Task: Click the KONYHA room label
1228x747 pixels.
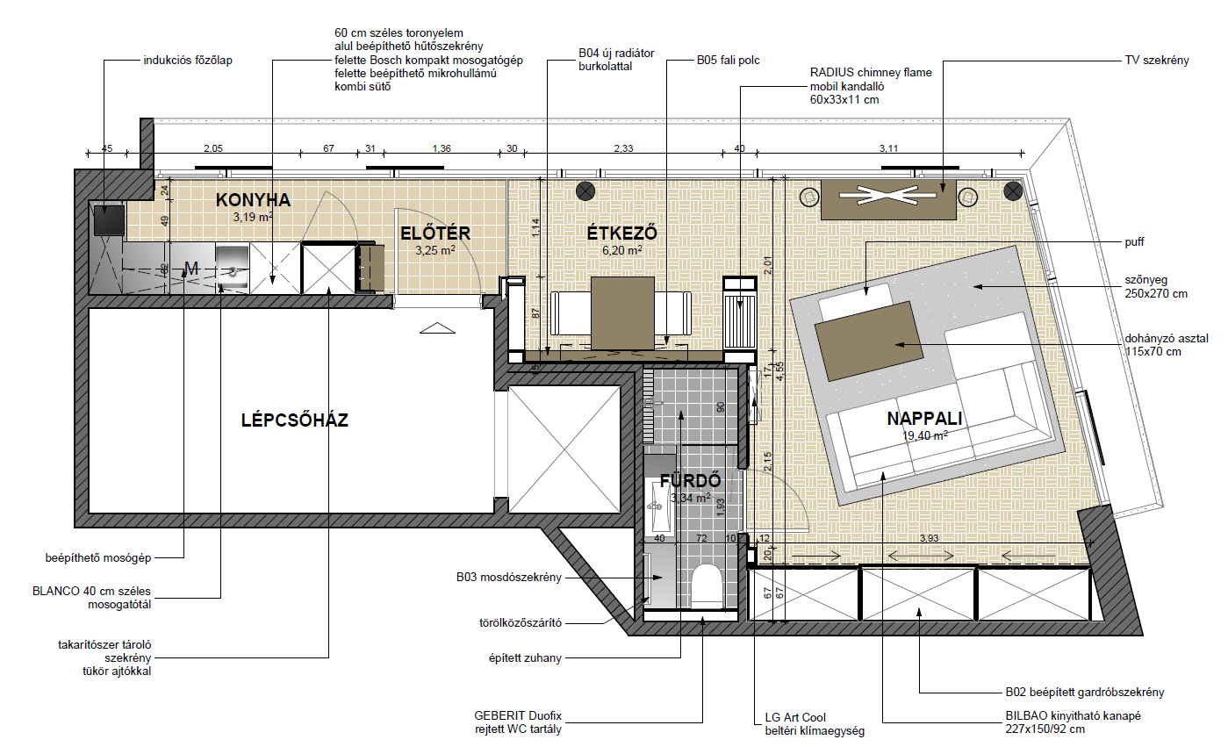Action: point(253,200)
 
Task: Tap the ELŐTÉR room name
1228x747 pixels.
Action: point(435,233)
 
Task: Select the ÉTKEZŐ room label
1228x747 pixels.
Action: point(621,233)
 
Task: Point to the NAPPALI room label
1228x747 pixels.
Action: point(925,419)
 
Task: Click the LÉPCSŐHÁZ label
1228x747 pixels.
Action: point(295,420)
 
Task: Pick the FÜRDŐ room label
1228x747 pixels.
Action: point(690,481)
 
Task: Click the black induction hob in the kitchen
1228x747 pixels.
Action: point(109,219)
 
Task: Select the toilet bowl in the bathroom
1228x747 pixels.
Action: point(706,585)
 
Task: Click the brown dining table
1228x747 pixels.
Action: point(622,313)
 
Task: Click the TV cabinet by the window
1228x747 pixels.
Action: point(888,199)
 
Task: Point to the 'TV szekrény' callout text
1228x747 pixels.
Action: point(1157,61)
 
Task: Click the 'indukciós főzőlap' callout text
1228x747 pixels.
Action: point(188,61)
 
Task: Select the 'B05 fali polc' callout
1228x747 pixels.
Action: point(728,61)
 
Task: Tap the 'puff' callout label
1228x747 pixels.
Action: point(1134,242)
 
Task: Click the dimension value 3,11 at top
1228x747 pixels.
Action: point(888,148)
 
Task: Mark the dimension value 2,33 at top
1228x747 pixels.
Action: point(623,148)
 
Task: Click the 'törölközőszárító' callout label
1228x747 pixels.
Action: point(521,623)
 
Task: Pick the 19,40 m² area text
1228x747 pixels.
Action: point(925,436)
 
